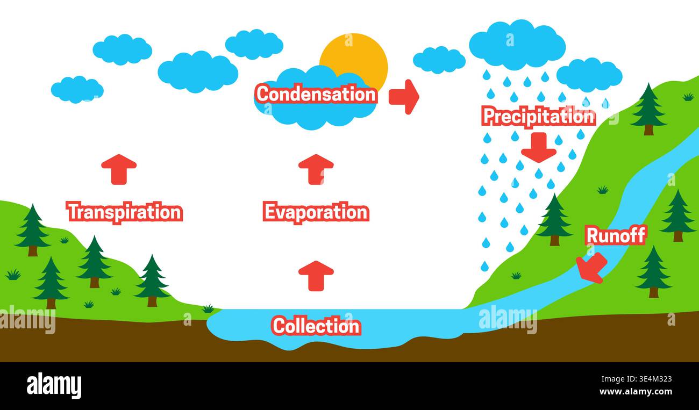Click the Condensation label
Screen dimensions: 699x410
pyautogui.click(x=316, y=93)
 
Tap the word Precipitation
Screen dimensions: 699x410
pyautogui.click(x=539, y=116)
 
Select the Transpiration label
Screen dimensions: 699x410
pyautogui.click(x=125, y=212)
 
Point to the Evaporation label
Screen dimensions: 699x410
pyautogui.click(x=316, y=212)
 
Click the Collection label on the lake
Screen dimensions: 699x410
pyautogui.click(x=316, y=326)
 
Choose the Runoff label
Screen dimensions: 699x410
pyautogui.click(x=616, y=235)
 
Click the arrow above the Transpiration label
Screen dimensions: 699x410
pyautogui.click(x=119, y=169)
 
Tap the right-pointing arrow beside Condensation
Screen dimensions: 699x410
pyautogui.click(x=404, y=97)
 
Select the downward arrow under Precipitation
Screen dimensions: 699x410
pyautogui.click(x=539, y=148)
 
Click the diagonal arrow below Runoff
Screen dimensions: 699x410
pyautogui.click(x=591, y=268)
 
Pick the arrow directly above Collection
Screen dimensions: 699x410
pyautogui.click(x=316, y=276)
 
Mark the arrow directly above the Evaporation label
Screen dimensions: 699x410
pyautogui.click(x=316, y=169)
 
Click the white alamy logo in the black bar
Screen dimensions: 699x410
pyautogui.click(x=54, y=385)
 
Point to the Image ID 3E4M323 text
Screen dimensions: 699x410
pyautogui.click(x=637, y=379)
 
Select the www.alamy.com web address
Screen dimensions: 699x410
pyautogui.click(x=636, y=391)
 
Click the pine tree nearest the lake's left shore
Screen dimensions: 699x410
pyautogui.click(x=152, y=280)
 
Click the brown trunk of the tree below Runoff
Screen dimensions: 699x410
pyautogui.click(x=654, y=292)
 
